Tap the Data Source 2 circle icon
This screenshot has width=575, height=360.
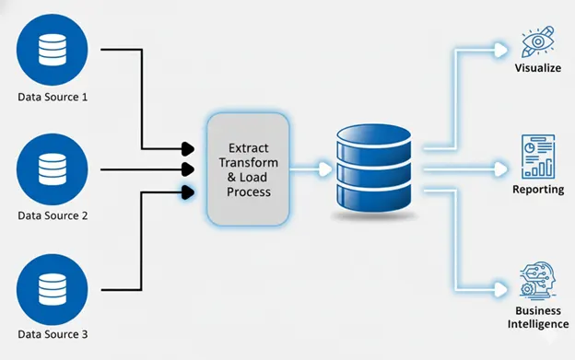click(x=52, y=168)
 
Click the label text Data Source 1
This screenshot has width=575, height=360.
click(x=52, y=97)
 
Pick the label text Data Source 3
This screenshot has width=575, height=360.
click(x=52, y=335)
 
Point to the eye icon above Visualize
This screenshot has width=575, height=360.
click(x=538, y=41)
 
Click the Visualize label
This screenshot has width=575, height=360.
click(x=538, y=67)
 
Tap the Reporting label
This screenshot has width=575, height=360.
click(x=538, y=190)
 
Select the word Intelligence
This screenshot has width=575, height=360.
click(x=538, y=324)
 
